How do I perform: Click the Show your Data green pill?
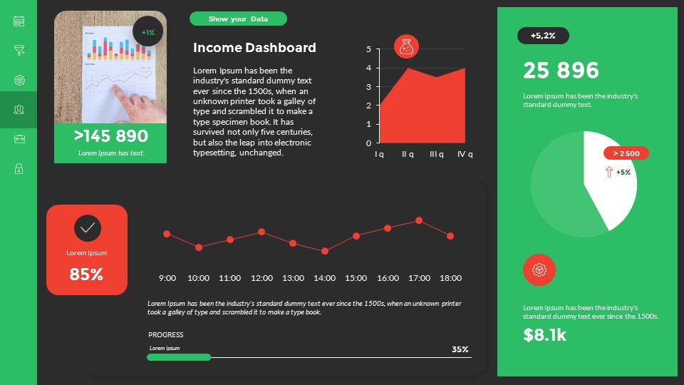[x=238, y=19]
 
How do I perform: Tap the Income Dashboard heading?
[x=254, y=48]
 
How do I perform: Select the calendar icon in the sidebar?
[x=19, y=21]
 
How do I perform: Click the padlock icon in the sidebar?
[x=19, y=169]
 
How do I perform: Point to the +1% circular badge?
[x=148, y=32]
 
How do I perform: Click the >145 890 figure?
[x=110, y=136]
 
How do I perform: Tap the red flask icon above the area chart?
[x=406, y=47]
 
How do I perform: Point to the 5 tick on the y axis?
[x=368, y=49]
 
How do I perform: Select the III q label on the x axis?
[x=437, y=154]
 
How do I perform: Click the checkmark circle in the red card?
[x=87, y=228]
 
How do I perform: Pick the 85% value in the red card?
[x=87, y=274]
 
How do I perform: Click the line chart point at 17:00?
[x=419, y=221]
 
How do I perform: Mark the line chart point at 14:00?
[x=324, y=251]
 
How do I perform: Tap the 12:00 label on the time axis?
[x=261, y=278]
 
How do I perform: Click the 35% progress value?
[x=460, y=349]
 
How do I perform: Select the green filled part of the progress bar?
[x=179, y=356]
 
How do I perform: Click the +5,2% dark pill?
[x=543, y=36]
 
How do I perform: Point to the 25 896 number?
[x=561, y=71]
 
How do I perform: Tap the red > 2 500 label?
[x=626, y=153]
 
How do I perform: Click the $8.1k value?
[x=545, y=335]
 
